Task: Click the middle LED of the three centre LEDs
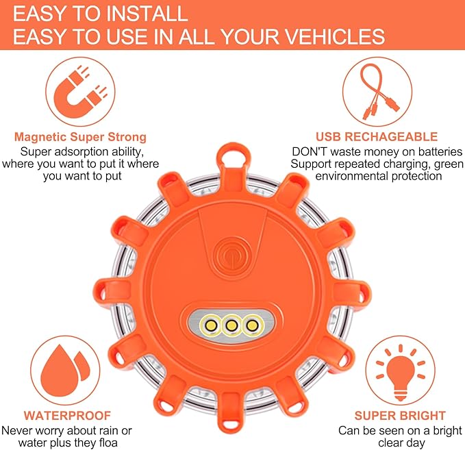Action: [233, 323]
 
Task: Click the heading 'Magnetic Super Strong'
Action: [80, 137]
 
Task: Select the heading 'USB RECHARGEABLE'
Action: [376, 137]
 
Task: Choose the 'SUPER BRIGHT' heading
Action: [390, 416]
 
